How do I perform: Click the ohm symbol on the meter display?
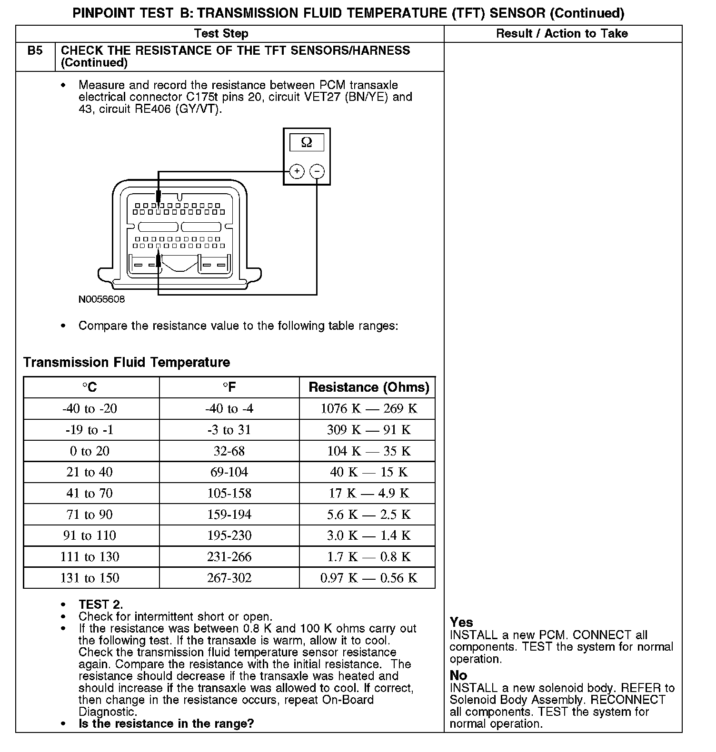307,142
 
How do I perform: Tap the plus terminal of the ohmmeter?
297,171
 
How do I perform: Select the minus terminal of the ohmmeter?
318,171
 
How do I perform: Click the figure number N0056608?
101,299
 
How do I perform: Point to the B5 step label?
35,51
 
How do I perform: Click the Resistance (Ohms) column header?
368,387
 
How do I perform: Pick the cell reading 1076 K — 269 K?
368,408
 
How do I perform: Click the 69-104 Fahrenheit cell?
229,472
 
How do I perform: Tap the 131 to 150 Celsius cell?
89,578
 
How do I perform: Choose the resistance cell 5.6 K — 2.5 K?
368,515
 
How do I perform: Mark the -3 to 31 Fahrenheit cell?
229,430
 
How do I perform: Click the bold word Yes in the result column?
461,622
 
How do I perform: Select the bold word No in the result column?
458,675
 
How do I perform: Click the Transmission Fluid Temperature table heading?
127,362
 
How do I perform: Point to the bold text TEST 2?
100,604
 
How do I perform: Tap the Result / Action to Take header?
562,33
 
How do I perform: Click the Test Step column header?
221,33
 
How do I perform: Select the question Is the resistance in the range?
166,723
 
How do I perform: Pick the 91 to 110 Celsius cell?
89,535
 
